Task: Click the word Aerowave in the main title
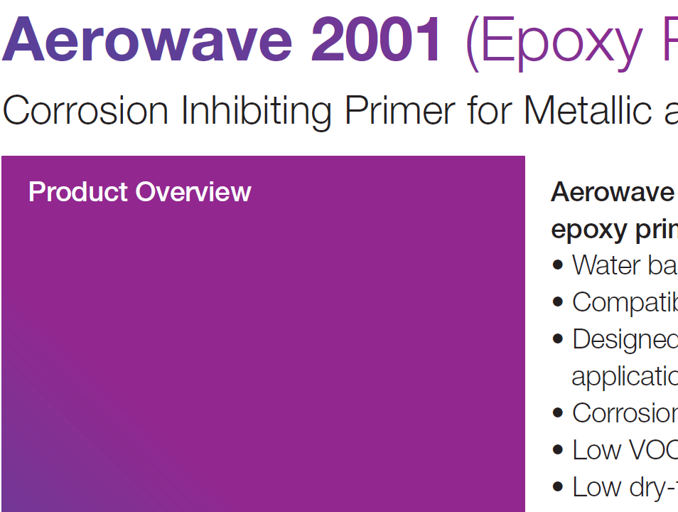[148, 41]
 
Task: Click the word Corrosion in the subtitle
[86, 110]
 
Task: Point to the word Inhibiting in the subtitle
[257, 112]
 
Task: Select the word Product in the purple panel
[78, 192]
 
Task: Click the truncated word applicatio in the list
[624, 377]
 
